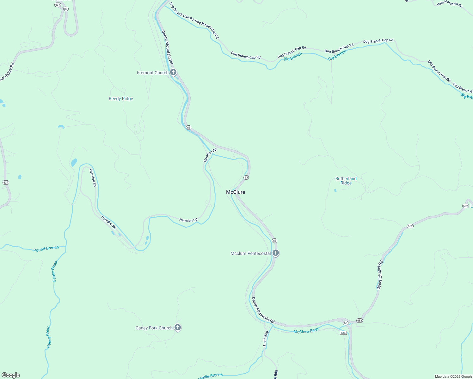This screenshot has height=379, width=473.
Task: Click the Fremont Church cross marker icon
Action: click(173, 72)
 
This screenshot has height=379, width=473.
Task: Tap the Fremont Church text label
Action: click(153, 73)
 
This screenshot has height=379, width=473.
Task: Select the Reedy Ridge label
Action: click(121, 99)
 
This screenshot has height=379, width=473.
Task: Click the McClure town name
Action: click(236, 192)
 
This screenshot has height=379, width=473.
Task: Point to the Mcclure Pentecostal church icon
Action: click(276, 253)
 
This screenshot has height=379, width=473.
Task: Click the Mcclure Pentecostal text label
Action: click(250, 253)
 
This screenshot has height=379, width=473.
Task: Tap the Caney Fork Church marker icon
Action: click(178, 328)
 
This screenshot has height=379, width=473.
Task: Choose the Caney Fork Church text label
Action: click(154, 328)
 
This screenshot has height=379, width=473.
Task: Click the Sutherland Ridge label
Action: click(346, 181)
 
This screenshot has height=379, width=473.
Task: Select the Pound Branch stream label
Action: click(46, 249)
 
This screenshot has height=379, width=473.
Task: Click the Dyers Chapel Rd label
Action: click(380, 275)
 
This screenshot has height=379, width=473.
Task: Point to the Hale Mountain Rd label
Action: click(450, 4)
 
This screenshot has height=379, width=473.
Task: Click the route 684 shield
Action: click(343, 333)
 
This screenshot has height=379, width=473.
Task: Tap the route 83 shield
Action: click(66, 9)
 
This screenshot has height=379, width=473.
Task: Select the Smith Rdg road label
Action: click(266, 339)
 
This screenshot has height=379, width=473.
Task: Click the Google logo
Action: click(10, 375)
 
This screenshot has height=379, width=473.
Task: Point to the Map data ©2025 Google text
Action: click(453, 376)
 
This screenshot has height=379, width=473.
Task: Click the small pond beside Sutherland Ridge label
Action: click(335, 190)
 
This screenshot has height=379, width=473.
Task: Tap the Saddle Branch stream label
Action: click(211, 376)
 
